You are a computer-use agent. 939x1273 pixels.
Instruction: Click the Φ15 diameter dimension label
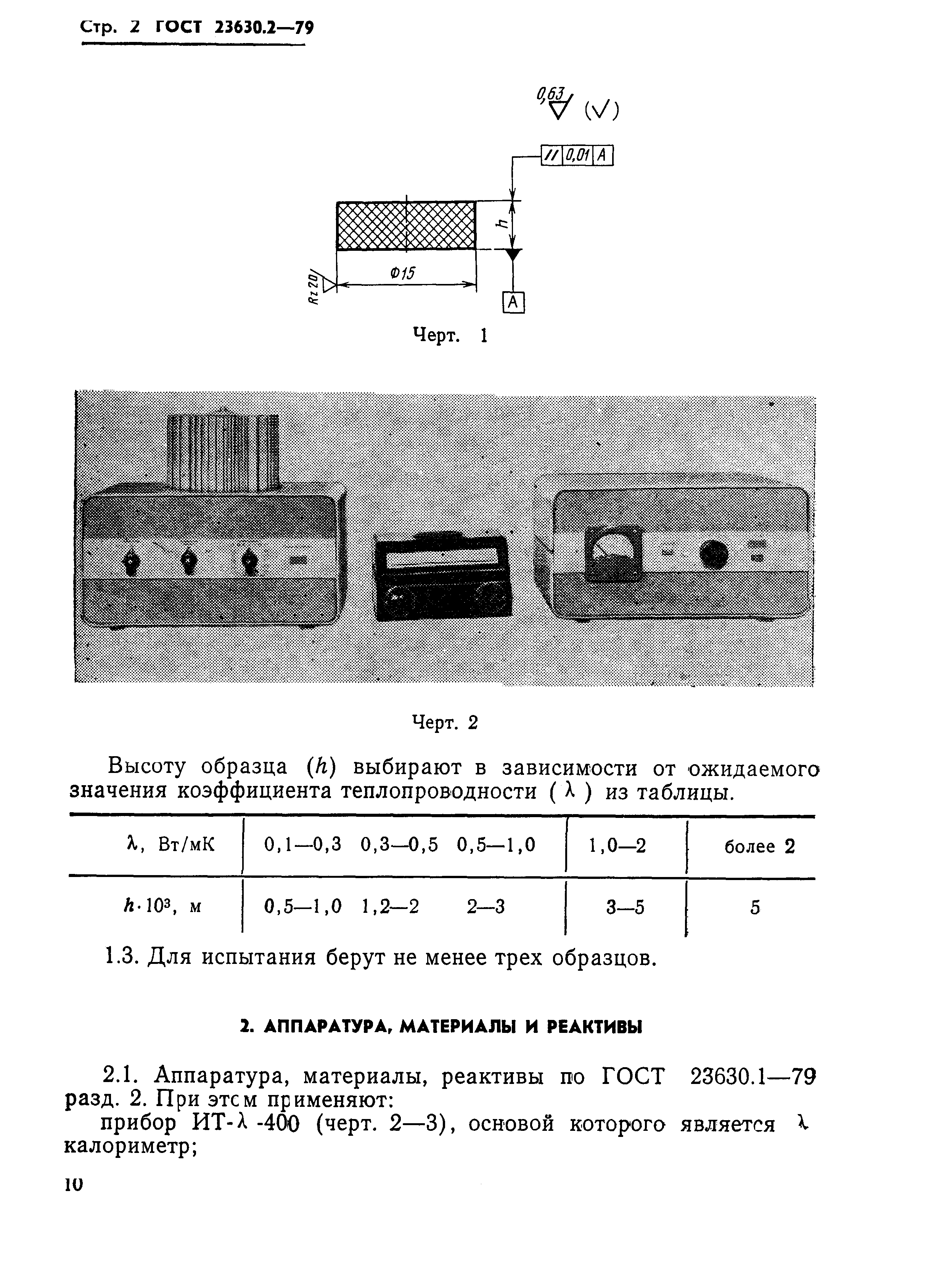[402, 273]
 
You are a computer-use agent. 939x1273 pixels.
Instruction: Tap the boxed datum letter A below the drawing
[513, 303]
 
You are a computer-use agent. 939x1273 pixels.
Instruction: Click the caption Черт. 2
[444, 723]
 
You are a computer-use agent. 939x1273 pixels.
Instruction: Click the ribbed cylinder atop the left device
[224, 453]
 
